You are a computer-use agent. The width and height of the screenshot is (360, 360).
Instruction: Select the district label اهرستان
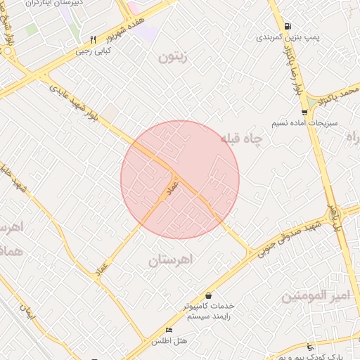coord(170,260)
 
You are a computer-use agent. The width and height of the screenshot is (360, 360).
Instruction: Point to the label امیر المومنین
coord(315,296)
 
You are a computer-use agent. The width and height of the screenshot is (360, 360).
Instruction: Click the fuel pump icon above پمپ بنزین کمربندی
coord(288,26)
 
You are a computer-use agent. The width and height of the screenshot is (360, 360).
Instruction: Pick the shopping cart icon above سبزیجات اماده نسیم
coord(304,112)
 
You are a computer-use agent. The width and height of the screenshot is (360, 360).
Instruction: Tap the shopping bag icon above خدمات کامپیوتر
coord(208,296)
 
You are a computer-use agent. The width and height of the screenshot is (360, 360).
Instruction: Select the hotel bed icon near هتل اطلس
coord(168,330)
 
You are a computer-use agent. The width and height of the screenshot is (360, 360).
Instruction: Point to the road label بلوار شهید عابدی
coord(73,100)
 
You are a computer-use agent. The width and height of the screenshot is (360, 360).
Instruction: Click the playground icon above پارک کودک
coord(311,347)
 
